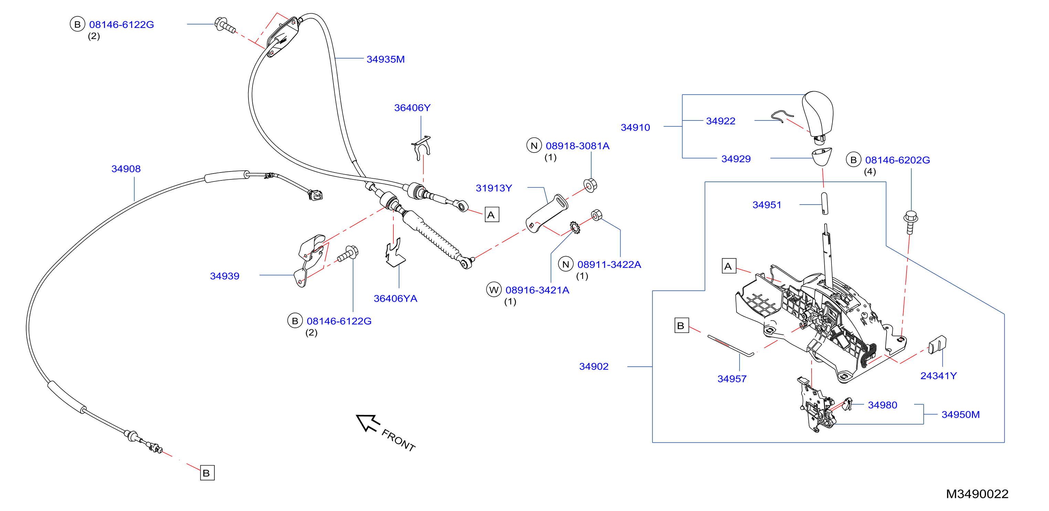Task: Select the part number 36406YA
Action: click(x=395, y=299)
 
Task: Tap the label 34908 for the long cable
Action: click(x=126, y=169)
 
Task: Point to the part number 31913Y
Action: click(x=494, y=188)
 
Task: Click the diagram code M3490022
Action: click(x=977, y=494)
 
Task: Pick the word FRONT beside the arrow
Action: click(x=398, y=440)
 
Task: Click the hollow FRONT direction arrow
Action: click(x=368, y=423)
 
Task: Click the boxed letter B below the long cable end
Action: click(x=207, y=473)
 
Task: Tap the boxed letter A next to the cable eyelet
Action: click(x=491, y=215)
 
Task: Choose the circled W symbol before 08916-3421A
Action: click(x=494, y=290)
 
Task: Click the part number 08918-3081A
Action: click(x=578, y=146)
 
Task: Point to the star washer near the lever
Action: click(x=575, y=227)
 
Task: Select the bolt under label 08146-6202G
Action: click(x=911, y=222)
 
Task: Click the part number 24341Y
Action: click(x=939, y=376)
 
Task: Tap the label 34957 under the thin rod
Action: click(x=732, y=379)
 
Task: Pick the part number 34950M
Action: click(x=961, y=415)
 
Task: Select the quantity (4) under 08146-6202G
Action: click(x=870, y=171)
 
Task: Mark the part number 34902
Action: click(x=594, y=367)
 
